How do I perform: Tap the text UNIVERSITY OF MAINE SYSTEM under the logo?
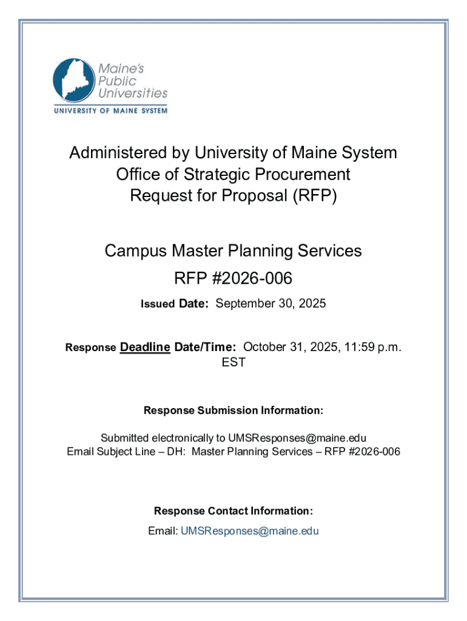(x=110, y=111)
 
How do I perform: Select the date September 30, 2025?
(x=270, y=304)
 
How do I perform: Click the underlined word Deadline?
(x=145, y=347)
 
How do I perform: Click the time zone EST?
(x=233, y=363)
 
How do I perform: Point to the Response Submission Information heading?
(x=233, y=411)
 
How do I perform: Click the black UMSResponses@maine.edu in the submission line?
(x=297, y=438)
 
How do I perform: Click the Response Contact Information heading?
(x=233, y=511)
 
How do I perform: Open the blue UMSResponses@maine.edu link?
(x=249, y=531)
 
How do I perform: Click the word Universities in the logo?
(x=133, y=93)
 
